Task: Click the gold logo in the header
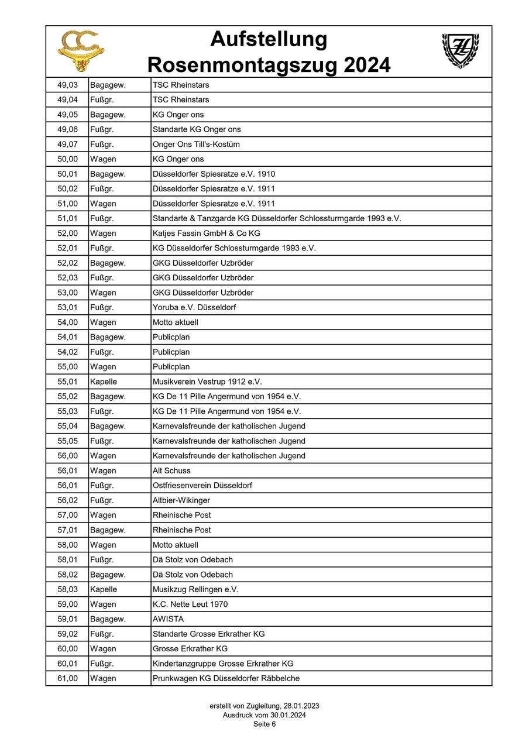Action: point(81,51)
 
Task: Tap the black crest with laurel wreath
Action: point(460,50)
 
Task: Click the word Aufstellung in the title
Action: point(269,40)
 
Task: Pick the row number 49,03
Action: point(67,85)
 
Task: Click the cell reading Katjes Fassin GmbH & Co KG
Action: point(206,233)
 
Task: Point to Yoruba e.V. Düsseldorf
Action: point(194,307)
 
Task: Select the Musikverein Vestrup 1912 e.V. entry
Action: point(207,382)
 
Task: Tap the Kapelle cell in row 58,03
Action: point(104,589)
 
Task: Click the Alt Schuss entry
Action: point(171,470)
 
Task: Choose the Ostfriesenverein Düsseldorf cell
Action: point(202,485)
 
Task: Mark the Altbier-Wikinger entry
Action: point(181,500)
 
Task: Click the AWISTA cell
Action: point(168,619)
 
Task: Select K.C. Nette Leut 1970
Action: point(190,604)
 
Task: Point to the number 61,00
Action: point(67,678)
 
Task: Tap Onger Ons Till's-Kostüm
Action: point(196,144)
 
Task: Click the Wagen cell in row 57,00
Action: point(103,515)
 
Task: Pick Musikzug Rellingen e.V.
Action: point(195,589)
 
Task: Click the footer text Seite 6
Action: point(264,724)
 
